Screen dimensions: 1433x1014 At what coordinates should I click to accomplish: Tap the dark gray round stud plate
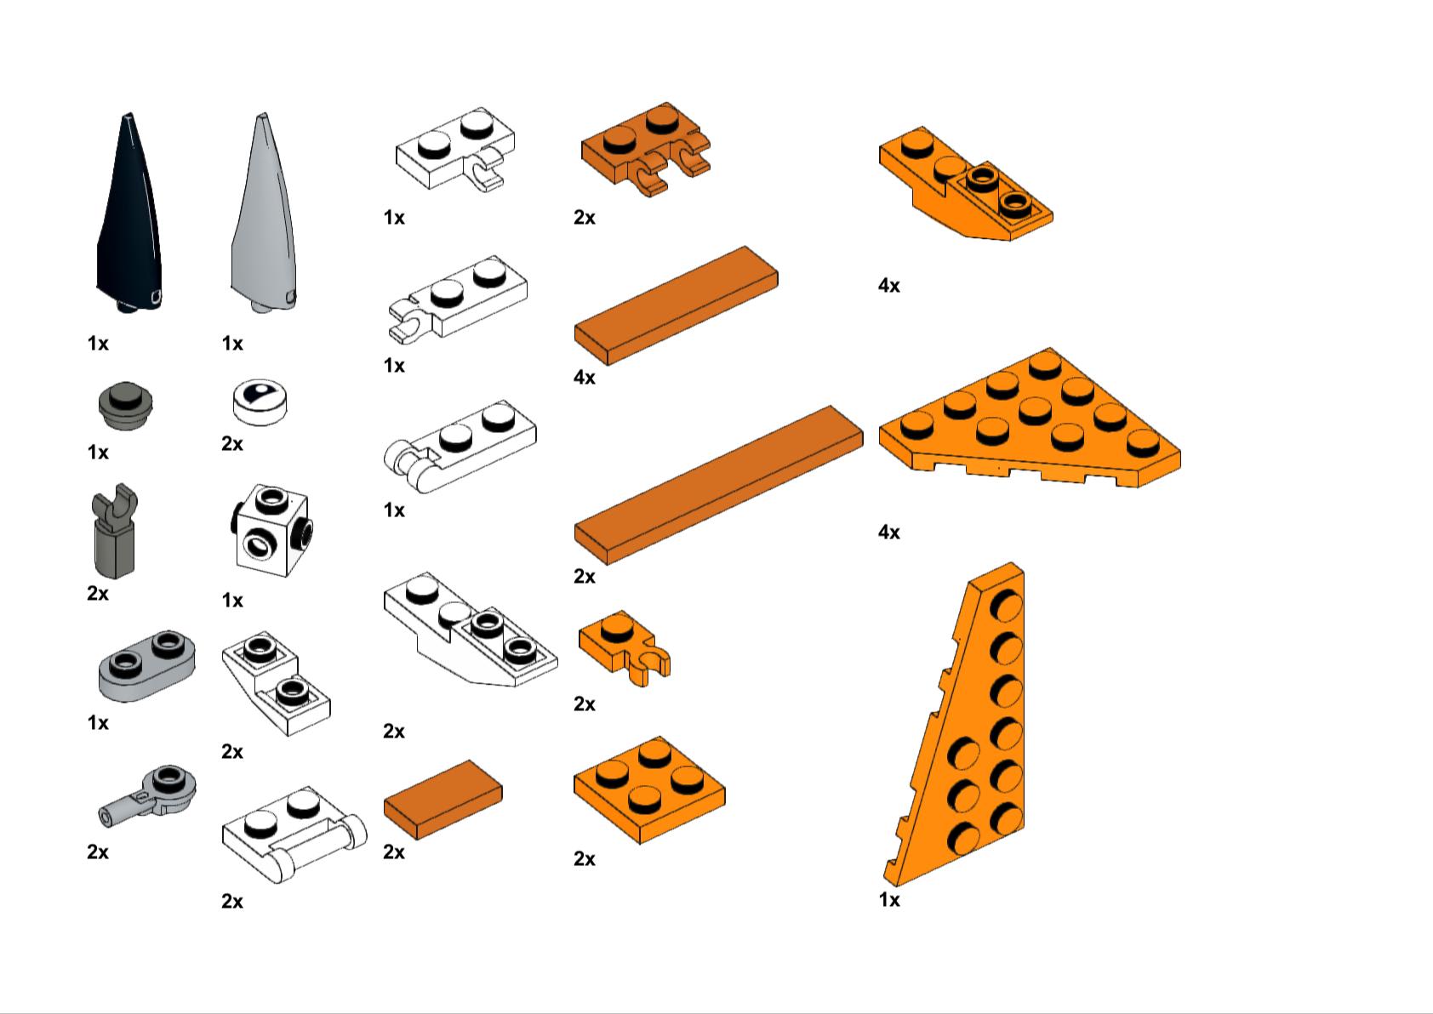point(125,406)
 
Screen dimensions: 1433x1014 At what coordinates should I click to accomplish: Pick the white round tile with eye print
point(260,402)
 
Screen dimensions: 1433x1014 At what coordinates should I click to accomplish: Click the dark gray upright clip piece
point(115,531)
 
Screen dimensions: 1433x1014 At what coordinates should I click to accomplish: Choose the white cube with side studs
point(271,531)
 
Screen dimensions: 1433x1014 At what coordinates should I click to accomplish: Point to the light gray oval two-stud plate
point(147,666)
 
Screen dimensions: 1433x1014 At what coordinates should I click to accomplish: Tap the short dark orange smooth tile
point(442,799)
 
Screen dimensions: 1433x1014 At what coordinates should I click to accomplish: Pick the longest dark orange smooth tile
point(718,485)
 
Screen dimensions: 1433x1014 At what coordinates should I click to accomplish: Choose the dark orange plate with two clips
point(645,148)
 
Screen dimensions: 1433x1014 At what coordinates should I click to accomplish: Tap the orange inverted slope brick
point(966,184)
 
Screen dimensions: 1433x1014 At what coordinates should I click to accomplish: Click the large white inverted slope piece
point(471,629)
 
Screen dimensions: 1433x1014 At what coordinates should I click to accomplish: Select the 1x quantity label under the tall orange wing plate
point(889,899)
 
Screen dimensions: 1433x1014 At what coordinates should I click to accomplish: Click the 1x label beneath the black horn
point(98,344)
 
